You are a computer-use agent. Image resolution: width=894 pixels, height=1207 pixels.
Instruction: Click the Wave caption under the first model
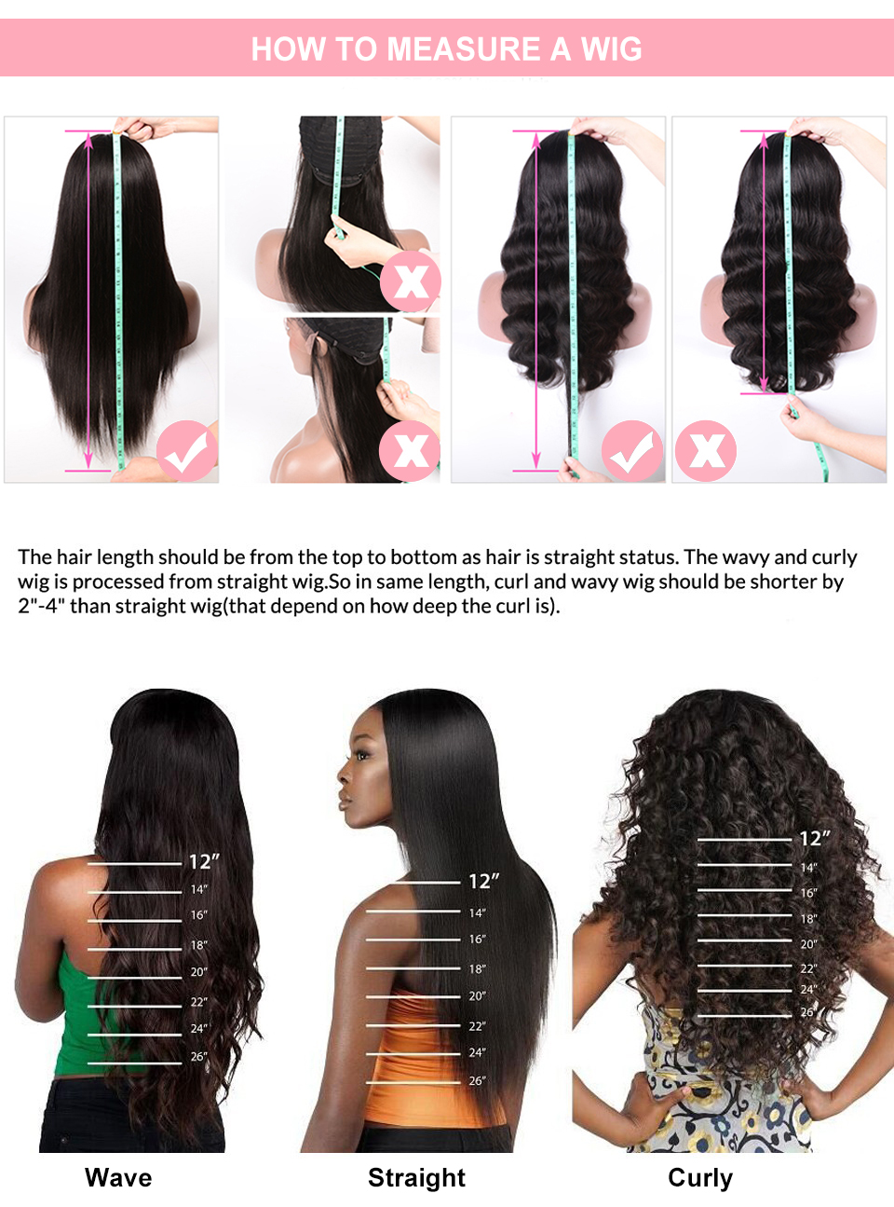pos(118,1177)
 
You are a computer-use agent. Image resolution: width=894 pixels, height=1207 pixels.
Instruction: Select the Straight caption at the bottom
pos(416,1177)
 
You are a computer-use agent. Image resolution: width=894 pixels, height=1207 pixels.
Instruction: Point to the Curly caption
pos(700,1177)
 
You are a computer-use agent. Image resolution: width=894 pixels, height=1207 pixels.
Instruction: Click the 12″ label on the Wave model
pos(204,862)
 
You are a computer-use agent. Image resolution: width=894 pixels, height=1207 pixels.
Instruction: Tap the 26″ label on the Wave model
pos(198,1057)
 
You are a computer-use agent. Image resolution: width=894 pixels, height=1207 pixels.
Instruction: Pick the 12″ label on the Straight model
pos(483,882)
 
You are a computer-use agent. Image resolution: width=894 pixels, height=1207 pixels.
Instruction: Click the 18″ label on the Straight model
pos(477,969)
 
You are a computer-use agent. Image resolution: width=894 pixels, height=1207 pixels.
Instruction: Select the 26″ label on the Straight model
pos(477,1081)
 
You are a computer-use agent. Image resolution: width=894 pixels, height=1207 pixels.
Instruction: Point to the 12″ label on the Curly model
pos(814,839)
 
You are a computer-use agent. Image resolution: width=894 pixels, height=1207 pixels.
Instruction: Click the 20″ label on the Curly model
pos(808,944)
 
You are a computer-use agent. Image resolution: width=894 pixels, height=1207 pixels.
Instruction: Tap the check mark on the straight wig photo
pos(186,451)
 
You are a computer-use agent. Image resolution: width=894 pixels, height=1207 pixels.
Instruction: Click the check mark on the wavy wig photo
pos(631,451)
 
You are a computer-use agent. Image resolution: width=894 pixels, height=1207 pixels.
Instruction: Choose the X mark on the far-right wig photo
pos(706,451)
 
